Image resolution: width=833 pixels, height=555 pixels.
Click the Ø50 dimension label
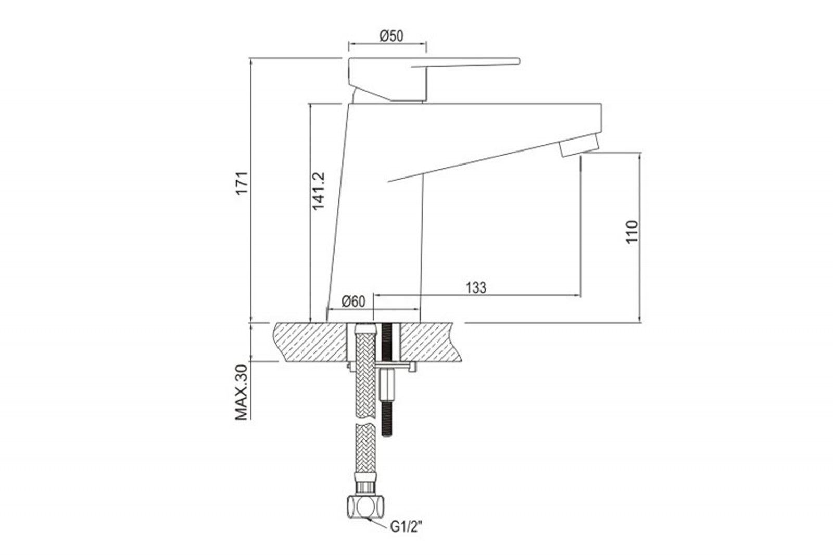391,36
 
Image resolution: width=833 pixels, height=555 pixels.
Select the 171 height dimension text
243,183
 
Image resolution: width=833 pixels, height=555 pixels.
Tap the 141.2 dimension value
318,191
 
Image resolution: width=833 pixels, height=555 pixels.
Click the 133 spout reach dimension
476,287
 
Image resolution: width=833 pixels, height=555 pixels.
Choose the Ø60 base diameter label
354,301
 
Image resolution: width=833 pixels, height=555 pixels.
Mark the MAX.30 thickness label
242,393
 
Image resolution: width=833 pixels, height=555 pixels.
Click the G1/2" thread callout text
407,527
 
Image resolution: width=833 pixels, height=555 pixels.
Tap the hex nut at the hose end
365,506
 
